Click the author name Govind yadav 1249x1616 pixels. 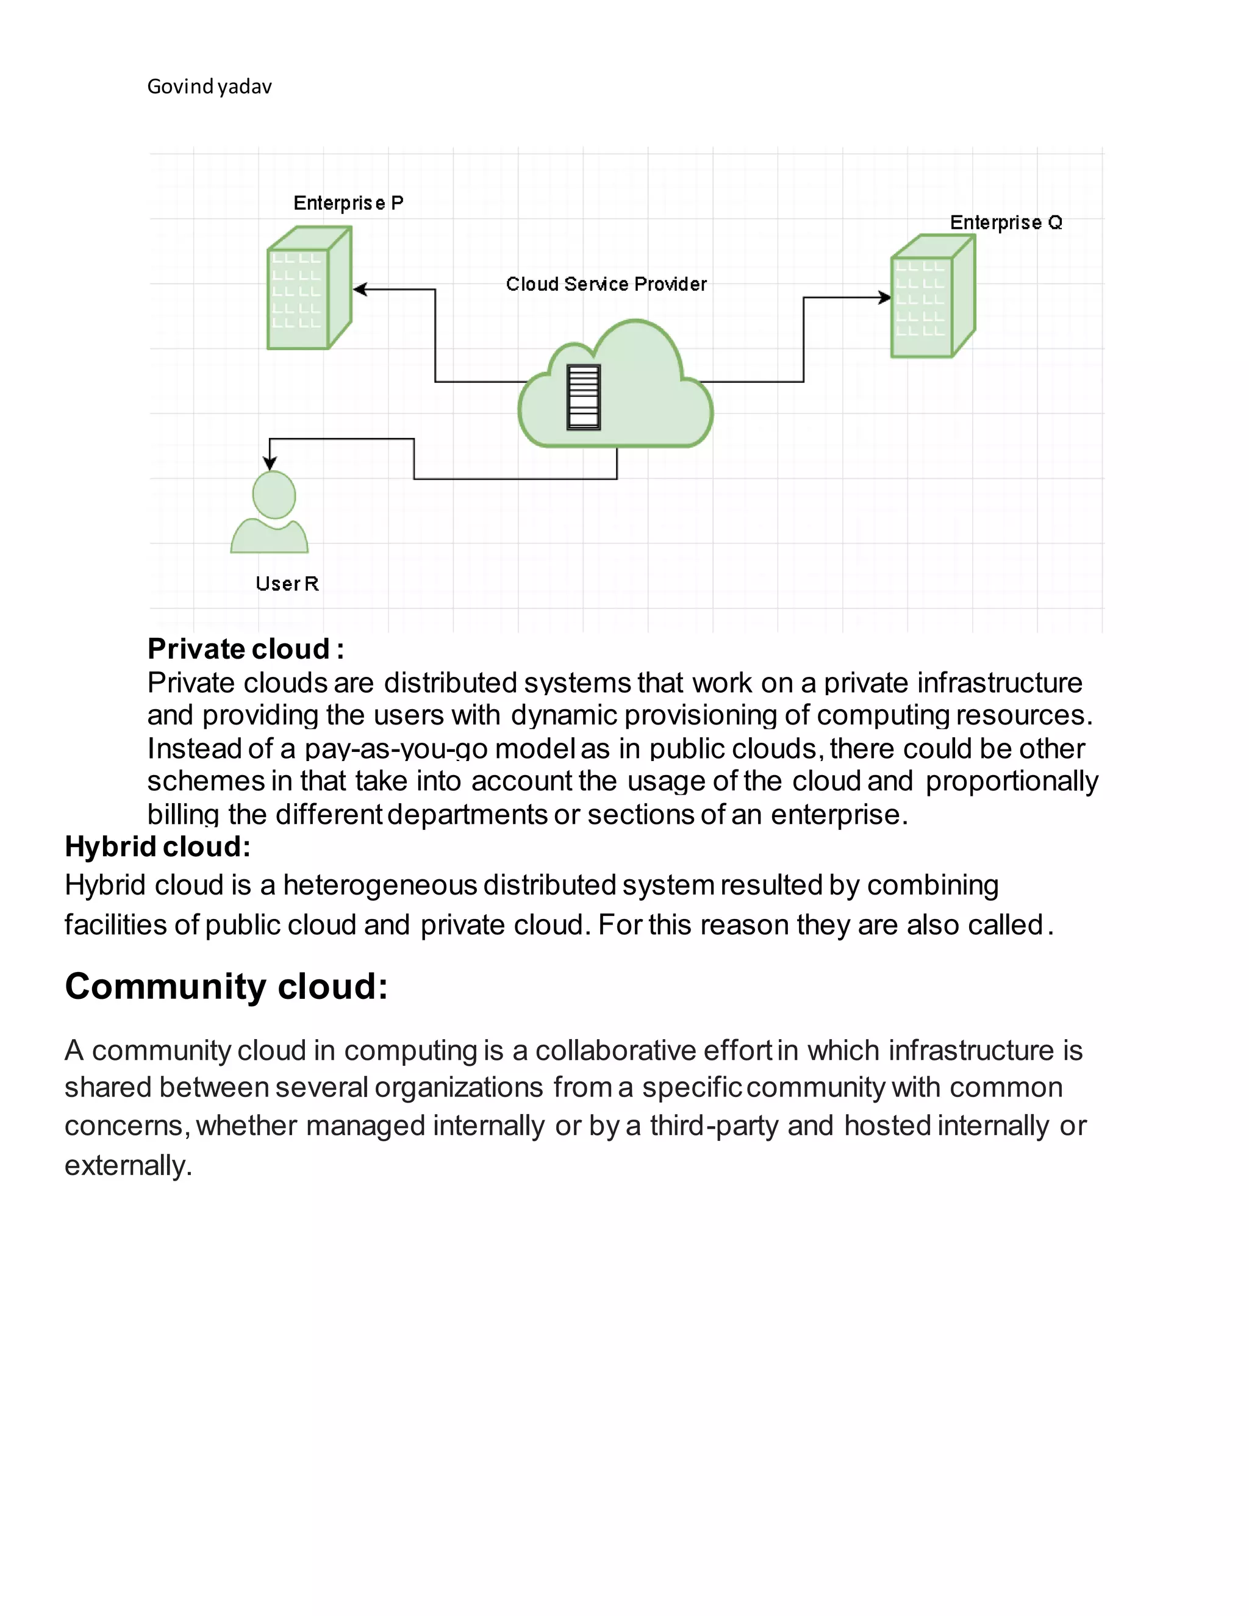pyautogui.click(x=209, y=87)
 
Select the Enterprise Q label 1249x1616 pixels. pyautogui.click(x=1006, y=222)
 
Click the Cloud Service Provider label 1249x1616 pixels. pyautogui.click(x=606, y=284)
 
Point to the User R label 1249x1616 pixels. pyautogui.click(x=287, y=584)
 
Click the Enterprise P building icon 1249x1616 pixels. pyautogui.click(x=309, y=288)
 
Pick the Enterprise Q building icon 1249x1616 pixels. pyautogui.click(x=932, y=296)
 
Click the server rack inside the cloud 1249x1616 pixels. pyautogui.click(x=583, y=398)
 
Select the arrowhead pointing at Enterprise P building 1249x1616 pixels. pyautogui.click(x=360, y=289)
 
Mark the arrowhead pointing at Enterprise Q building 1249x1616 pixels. pyautogui.click(x=884, y=298)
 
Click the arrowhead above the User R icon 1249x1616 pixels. pyautogui.click(x=270, y=463)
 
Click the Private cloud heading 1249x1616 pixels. pyautogui.click(x=245, y=649)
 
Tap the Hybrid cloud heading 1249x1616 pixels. pyautogui.click(x=157, y=846)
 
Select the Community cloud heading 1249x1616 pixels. pyautogui.click(x=226, y=985)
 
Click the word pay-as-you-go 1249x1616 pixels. pyautogui.click(x=396, y=749)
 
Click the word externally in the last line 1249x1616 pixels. pyautogui.click(x=128, y=1165)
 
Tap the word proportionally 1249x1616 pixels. pyautogui.click(x=1012, y=781)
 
